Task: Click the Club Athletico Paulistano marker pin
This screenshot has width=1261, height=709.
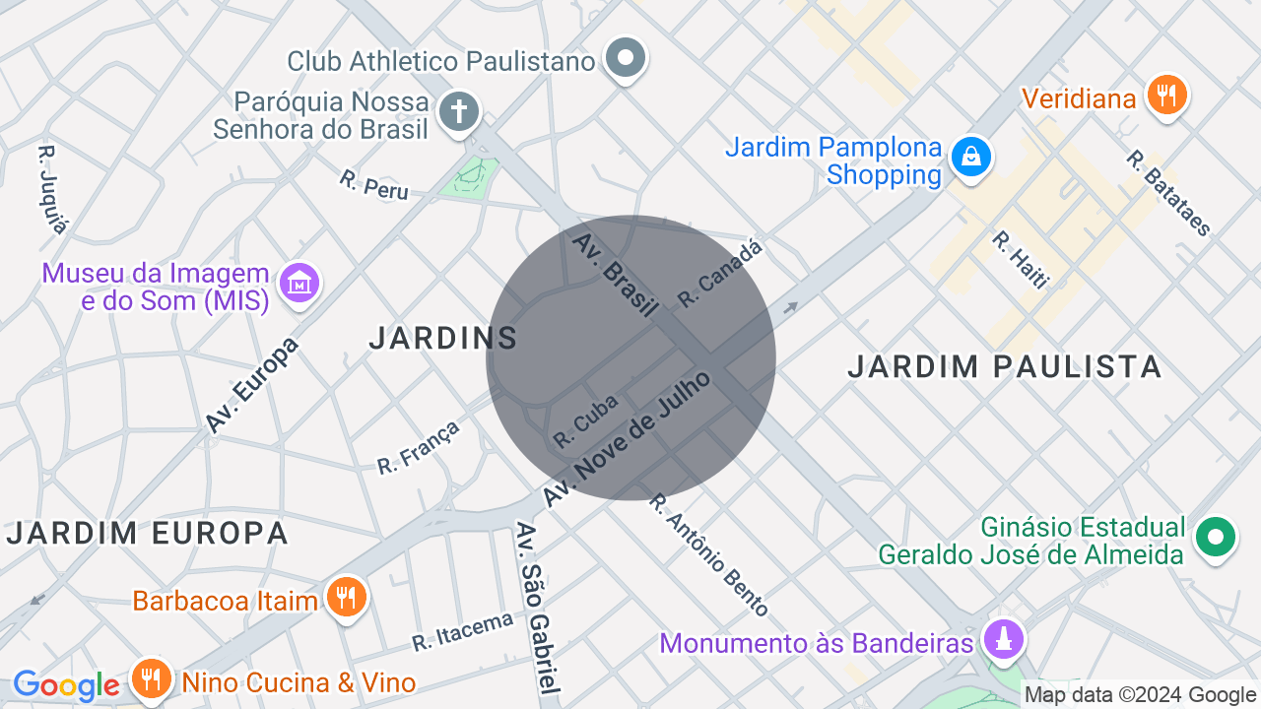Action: (x=626, y=59)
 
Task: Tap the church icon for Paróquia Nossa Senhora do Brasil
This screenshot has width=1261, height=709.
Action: (x=458, y=111)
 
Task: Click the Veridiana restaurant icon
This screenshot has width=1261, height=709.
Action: (x=1167, y=97)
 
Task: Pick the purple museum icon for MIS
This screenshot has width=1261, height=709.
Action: (x=299, y=285)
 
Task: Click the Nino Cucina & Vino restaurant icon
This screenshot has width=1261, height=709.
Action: (x=151, y=679)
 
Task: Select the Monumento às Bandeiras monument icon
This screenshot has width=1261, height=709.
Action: (x=1003, y=641)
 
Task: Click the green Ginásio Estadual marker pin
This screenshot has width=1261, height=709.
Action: (x=1215, y=538)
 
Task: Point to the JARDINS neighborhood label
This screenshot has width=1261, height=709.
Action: (x=443, y=338)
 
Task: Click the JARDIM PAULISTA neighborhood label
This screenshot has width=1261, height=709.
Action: (x=1005, y=366)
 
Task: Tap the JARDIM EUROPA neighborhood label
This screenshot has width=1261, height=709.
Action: (x=148, y=533)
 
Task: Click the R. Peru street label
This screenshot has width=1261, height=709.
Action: (x=373, y=184)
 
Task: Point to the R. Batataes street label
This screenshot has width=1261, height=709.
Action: (x=1169, y=193)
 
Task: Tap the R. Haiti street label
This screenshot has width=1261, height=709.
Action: (x=1021, y=259)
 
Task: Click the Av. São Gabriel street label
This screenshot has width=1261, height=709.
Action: (x=540, y=608)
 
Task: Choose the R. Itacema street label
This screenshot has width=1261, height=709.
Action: (x=463, y=631)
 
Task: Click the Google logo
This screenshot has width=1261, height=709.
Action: (x=66, y=685)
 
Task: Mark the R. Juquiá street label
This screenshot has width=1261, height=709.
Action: (x=53, y=190)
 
